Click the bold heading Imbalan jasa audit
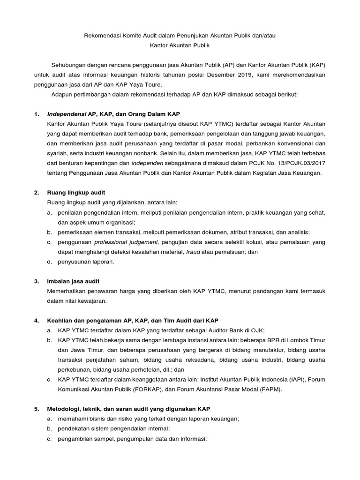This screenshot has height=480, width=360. (73, 281)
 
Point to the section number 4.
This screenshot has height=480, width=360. (36, 321)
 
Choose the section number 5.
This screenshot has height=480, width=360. (36, 409)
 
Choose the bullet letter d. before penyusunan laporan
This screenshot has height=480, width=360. (49, 262)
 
